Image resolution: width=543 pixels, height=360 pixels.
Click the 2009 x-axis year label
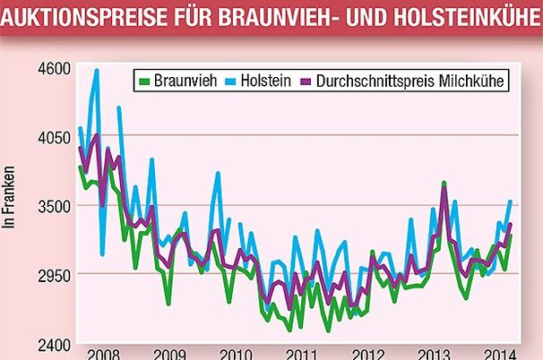[x=168, y=352]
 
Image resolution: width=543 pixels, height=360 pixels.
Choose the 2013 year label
[x=435, y=352]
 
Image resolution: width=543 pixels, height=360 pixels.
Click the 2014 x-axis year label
[x=496, y=352]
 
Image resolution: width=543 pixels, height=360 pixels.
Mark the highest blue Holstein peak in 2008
[x=96, y=70]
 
